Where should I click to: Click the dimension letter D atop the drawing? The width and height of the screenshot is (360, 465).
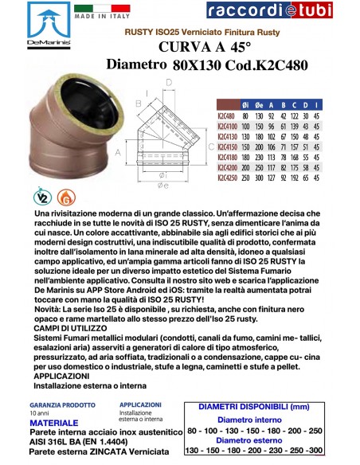tap(170, 82)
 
